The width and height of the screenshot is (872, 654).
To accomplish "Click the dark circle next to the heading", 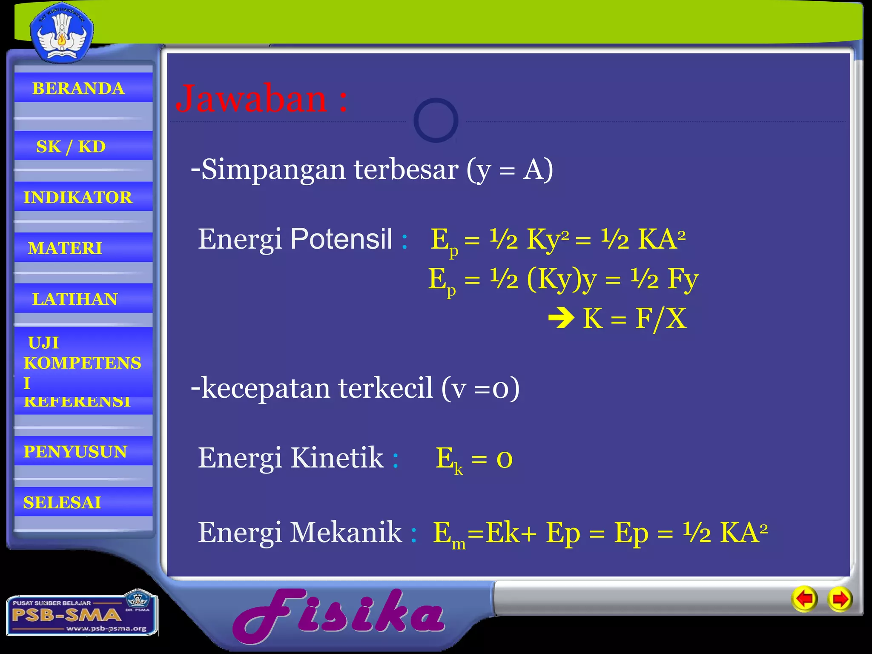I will click(x=436, y=120).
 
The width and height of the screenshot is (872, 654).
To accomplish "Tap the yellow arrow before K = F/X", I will click(x=561, y=318).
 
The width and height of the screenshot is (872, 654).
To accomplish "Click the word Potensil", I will click(x=341, y=239).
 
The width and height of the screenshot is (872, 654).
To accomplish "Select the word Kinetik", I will click(x=337, y=458).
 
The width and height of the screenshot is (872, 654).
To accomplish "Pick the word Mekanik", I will click(x=345, y=532).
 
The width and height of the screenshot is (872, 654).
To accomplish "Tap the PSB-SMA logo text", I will click(x=66, y=615).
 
